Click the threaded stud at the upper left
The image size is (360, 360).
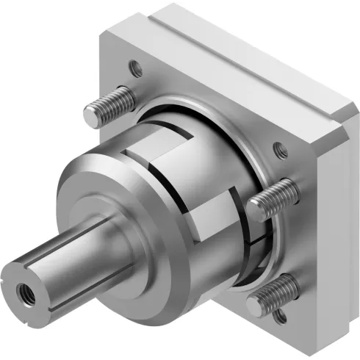click(x=110, y=107)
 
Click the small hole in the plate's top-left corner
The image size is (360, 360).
click(x=136, y=69)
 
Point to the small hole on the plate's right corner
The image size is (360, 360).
click(x=279, y=151)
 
